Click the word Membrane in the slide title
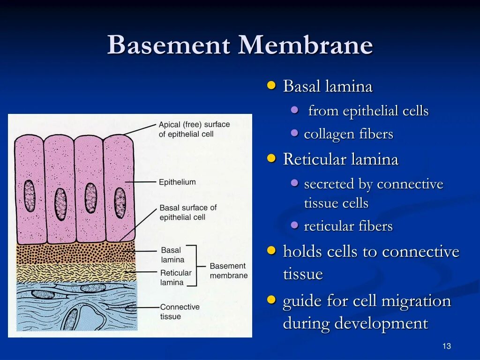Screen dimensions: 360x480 pos(306,46)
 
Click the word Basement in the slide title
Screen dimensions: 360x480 pos(169,46)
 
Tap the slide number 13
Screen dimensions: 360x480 pos(446,346)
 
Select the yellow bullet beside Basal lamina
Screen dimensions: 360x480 pos(271,85)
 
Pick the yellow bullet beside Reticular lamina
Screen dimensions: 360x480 pos(271,158)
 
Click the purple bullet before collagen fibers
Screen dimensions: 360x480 pos(295,133)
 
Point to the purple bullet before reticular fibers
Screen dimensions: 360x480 pos(295,225)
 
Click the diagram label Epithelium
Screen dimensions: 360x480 pos(177,182)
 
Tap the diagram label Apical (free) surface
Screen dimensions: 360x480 pos(194,125)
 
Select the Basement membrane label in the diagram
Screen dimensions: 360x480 pos(228,270)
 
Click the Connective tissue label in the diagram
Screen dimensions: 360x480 pos(180,312)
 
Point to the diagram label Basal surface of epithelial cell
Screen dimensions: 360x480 pos(188,212)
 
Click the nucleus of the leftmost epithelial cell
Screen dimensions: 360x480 pos(30,195)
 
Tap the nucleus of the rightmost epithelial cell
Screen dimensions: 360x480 pos(120,202)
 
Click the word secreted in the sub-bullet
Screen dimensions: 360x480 pos(329,184)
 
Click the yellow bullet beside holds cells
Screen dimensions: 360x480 pos(271,251)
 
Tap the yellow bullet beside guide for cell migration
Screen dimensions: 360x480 pos(271,300)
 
